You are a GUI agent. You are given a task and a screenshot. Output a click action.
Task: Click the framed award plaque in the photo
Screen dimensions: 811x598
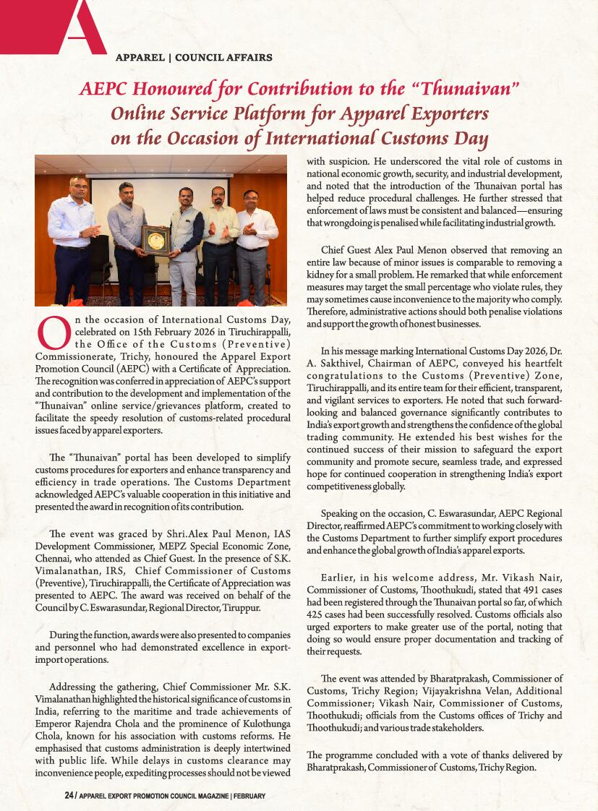[154, 240]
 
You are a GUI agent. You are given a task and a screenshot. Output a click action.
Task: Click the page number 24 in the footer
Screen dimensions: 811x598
[69, 796]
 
